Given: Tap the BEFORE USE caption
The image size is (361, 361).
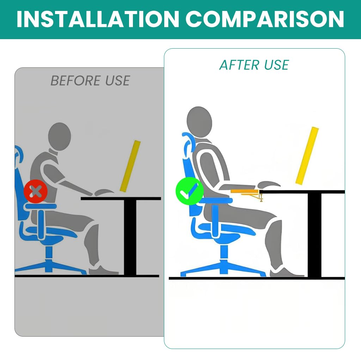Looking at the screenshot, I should (90, 81).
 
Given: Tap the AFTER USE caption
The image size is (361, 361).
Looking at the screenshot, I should (254, 65).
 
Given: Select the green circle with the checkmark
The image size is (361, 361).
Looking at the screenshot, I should (190, 191).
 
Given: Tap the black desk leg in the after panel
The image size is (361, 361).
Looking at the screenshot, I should (314, 235).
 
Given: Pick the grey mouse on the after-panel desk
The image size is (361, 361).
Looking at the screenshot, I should (269, 184).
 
